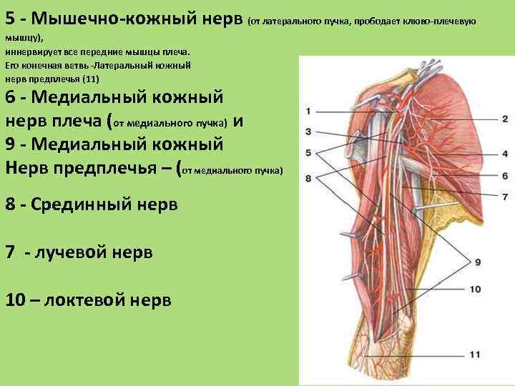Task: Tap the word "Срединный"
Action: pyautogui.click(x=85, y=204)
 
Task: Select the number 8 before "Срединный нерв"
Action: pyautogui.click(x=11, y=204)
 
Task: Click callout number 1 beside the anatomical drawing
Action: pyautogui.click(x=308, y=111)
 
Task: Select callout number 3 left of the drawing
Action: pyautogui.click(x=308, y=132)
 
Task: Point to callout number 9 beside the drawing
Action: pyautogui.click(x=478, y=262)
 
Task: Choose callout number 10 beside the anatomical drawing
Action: pyautogui.click(x=476, y=289)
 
